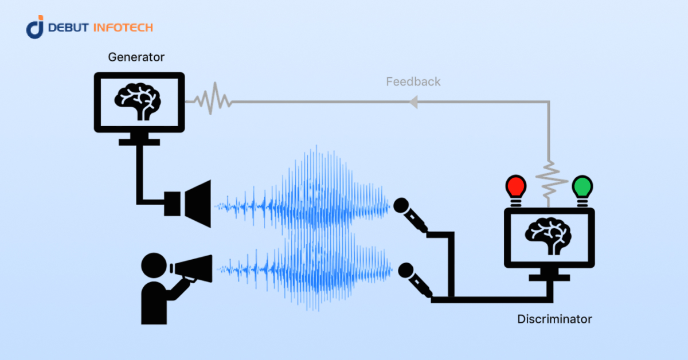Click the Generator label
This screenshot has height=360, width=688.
click(136, 57)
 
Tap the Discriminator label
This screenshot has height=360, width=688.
click(554, 319)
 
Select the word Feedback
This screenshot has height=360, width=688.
click(413, 81)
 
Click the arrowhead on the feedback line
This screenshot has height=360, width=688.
click(412, 102)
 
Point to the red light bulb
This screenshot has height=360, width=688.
click(515, 187)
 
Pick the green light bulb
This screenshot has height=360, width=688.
click(583, 187)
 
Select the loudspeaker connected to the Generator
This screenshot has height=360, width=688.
click(189, 204)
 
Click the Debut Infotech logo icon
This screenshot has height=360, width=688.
click(35, 28)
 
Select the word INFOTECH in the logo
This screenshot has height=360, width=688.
click(124, 28)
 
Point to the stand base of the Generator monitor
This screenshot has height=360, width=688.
click(139, 141)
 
